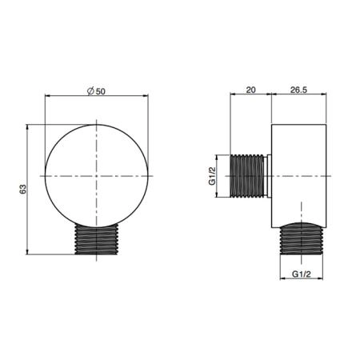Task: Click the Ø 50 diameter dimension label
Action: click(96, 91)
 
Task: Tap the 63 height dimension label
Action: click(23, 189)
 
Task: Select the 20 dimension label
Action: click(250, 90)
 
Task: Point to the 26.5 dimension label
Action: click(298, 90)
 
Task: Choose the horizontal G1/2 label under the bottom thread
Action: click(302, 274)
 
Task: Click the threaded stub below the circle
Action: click(96, 239)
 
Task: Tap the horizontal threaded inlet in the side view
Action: click(247, 176)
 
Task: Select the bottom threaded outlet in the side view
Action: click(302, 238)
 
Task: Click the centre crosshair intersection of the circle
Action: click(96, 176)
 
